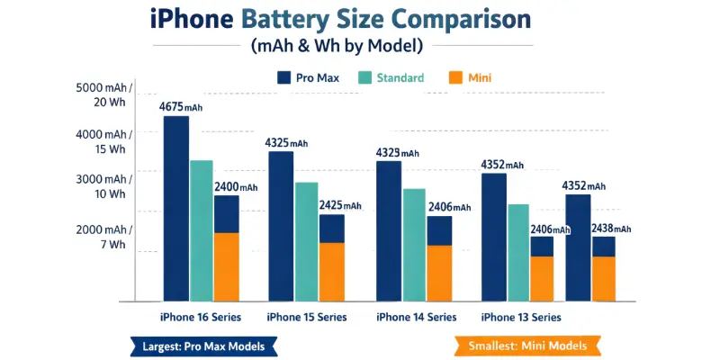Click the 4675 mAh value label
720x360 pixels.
click(x=183, y=107)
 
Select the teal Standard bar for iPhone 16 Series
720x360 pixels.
click(x=202, y=229)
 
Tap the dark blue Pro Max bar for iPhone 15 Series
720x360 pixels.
click(x=281, y=225)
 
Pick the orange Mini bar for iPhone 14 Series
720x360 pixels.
click(x=439, y=273)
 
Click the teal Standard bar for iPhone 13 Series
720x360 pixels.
click(x=517, y=252)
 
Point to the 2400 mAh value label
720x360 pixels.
click(x=235, y=187)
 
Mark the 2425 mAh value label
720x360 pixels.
click(x=340, y=206)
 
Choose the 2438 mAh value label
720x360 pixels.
click(x=611, y=229)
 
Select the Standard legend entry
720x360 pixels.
click(x=391, y=78)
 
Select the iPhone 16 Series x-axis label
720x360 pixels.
click(x=201, y=317)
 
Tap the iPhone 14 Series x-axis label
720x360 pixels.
click(x=416, y=317)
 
